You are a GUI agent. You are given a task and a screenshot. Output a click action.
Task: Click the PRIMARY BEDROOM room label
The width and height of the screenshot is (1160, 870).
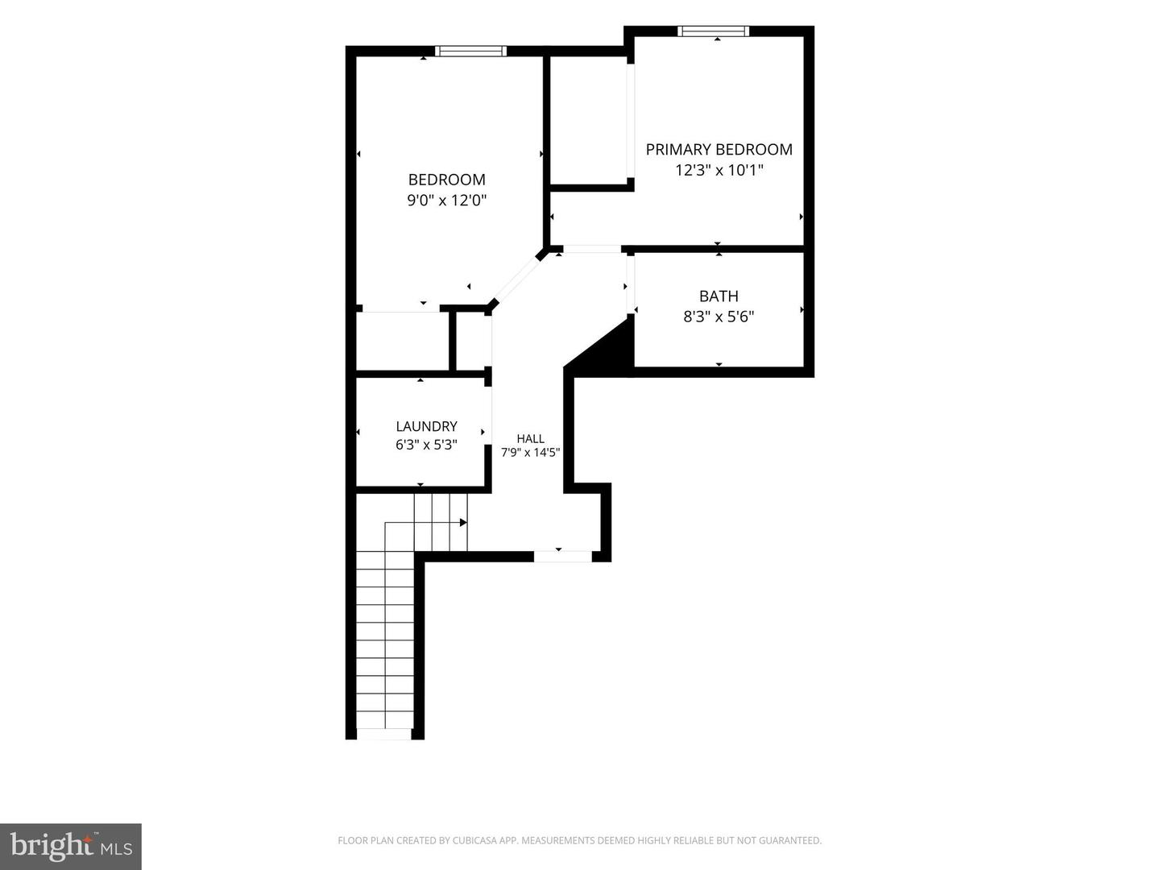pos(719,150)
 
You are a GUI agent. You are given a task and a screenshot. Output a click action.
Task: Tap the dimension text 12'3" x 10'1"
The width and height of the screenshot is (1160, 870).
pos(719,170)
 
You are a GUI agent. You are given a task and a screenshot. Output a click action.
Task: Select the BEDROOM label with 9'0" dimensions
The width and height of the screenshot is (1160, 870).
pos(446,180)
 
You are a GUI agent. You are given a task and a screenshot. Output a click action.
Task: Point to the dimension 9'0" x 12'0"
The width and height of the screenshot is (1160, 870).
pos(446,201)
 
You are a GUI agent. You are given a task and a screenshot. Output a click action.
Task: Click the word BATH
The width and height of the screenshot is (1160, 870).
pos(719,296)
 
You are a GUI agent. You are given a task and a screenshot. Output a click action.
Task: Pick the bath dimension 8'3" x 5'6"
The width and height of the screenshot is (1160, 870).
pos(719,317)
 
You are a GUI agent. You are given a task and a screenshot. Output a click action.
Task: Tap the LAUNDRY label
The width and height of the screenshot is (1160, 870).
pos(426,426)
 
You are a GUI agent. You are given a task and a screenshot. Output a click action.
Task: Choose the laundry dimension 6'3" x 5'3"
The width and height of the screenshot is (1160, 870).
pos(426,445)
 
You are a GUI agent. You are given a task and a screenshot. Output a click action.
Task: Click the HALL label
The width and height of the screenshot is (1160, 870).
pos(531,438)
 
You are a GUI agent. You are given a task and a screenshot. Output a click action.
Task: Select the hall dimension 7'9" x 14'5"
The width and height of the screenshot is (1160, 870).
pos(531,452)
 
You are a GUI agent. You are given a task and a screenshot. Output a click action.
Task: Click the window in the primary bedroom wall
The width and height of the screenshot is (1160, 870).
pos(714,31)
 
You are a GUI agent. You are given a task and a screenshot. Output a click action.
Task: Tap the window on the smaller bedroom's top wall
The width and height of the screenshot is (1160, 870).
pos(470,52)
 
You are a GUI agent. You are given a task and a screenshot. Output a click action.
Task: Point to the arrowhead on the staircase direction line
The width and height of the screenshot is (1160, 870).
pos(463,523)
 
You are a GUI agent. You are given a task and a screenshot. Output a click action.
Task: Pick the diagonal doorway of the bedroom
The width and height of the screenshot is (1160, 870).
pos(517,279)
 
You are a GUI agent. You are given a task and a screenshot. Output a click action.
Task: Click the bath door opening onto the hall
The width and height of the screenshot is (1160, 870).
pos(631,285)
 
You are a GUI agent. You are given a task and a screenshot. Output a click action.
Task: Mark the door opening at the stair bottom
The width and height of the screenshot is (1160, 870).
pos(384,734)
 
